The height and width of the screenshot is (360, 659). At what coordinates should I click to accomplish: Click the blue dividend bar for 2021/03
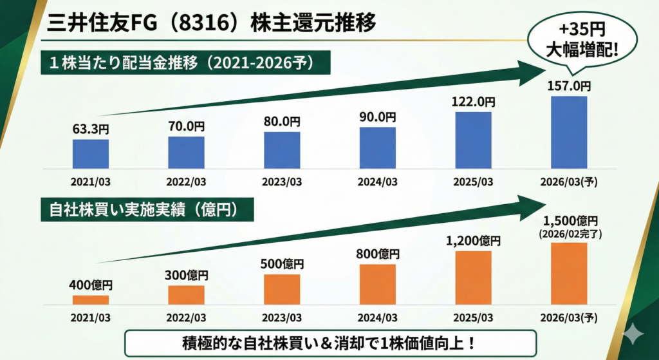91,153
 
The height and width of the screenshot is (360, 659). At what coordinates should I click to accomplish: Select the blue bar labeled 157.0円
569,132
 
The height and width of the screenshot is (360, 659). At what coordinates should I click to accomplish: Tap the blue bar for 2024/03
377,147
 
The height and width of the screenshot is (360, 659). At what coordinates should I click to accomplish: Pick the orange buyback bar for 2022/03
186,294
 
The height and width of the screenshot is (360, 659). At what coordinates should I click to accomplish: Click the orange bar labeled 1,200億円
473,277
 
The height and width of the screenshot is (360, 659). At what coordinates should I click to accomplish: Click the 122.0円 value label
473,103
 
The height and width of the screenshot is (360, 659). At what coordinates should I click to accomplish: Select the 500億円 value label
282,264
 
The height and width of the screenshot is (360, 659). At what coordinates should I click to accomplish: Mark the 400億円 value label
91,285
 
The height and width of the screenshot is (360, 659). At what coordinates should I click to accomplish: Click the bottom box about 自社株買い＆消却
329,343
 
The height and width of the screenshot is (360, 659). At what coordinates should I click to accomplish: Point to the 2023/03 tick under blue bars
282,182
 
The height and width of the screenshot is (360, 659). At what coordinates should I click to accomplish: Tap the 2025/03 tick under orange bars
473,318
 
